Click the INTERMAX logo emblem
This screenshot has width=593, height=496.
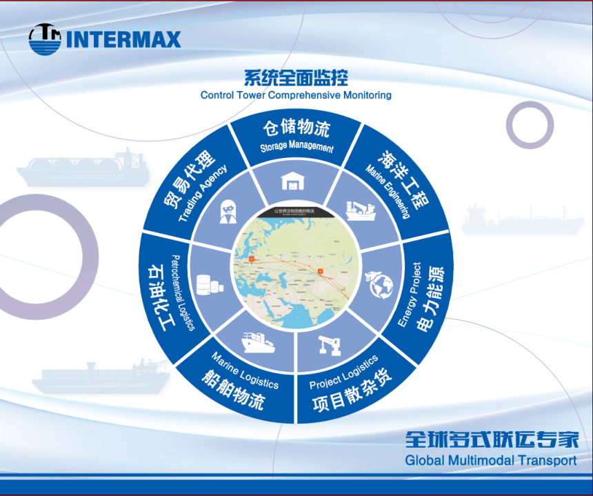point(45,39)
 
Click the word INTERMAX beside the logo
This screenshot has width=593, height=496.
point(123,39)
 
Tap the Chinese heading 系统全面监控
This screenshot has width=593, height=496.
point(296,77)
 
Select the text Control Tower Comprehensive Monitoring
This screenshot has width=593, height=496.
point(296,95)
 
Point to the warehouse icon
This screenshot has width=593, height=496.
point(292,181)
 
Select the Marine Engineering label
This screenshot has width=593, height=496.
point(388,192)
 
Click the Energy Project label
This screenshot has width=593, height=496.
point(409,295)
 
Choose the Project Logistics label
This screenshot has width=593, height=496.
point(343,372)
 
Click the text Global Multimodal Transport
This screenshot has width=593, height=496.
point(490,460)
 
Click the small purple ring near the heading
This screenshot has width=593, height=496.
point(530,124)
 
